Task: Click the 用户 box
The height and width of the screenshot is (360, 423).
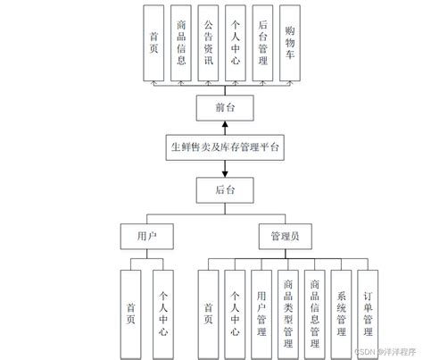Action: (145, 236)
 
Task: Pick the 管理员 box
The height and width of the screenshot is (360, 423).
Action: (286, 236)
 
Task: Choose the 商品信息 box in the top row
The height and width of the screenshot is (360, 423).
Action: (182, 43)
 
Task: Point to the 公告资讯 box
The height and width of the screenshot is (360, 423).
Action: (209, 43)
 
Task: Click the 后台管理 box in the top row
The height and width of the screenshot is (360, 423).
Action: (263, 43)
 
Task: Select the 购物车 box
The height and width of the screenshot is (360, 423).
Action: (291, 43)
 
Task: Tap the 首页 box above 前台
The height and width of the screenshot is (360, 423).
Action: (155, 43)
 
